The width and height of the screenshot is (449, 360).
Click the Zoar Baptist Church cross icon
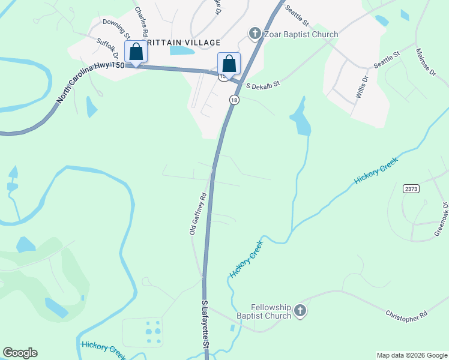[x=255, y=34]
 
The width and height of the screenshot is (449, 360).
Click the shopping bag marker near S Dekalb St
[x=229, y=63]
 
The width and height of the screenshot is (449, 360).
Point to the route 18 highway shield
[x=234, y=100]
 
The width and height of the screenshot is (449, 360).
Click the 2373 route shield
[x=411, y=188]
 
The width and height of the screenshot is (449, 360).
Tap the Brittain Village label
[x=181, y=43]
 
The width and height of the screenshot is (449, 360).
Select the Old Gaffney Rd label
[x=198, y=213]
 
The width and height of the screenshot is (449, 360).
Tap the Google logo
[x=20, y=353]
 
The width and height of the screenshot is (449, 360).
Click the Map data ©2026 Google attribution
[x=412, y=355]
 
